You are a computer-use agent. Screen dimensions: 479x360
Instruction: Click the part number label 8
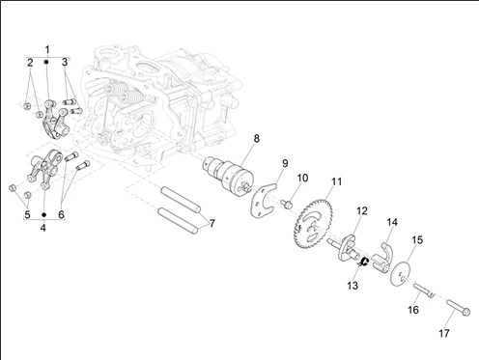pyautogui.click(x=256, y=139)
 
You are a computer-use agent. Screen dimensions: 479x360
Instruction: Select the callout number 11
pyautogui.click(x=336, y=181)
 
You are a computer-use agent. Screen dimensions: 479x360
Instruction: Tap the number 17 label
pyautogui.click(x=444, y=333)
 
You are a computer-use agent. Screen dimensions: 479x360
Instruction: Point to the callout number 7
pyautogui.click(x=211, y=223)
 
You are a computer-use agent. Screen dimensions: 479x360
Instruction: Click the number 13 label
pyautogui.click(x=352, y=286)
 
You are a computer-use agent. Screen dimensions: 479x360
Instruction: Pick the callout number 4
pyautogui.click(x=43, y=228)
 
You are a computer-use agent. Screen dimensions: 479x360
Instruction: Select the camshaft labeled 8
pyautogui.click(x=229, y=175)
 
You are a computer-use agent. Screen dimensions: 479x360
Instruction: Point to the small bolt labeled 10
pyautogui.click(x=286, y=204)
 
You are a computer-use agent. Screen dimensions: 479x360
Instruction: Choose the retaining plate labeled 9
pyautogui.click(x=263, y=201)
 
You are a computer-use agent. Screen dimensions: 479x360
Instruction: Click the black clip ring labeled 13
pyautogui.click(x=364, y=263)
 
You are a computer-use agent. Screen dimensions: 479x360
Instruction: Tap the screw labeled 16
pyautogui.click(x=423, y=291)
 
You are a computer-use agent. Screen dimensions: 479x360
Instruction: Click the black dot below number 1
pyautogui.click(x=46, y=62)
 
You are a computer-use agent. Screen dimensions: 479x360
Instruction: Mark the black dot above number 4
pyautogui.click(x=44, y=214)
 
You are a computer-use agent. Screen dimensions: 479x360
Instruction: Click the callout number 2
pyautogui.click(x=30, y=63)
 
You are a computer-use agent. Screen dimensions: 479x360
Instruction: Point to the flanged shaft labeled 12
pyautogui.click(x=344, y=248)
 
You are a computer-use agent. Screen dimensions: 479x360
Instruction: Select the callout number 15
pyautogui.click(x=417, y=240)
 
